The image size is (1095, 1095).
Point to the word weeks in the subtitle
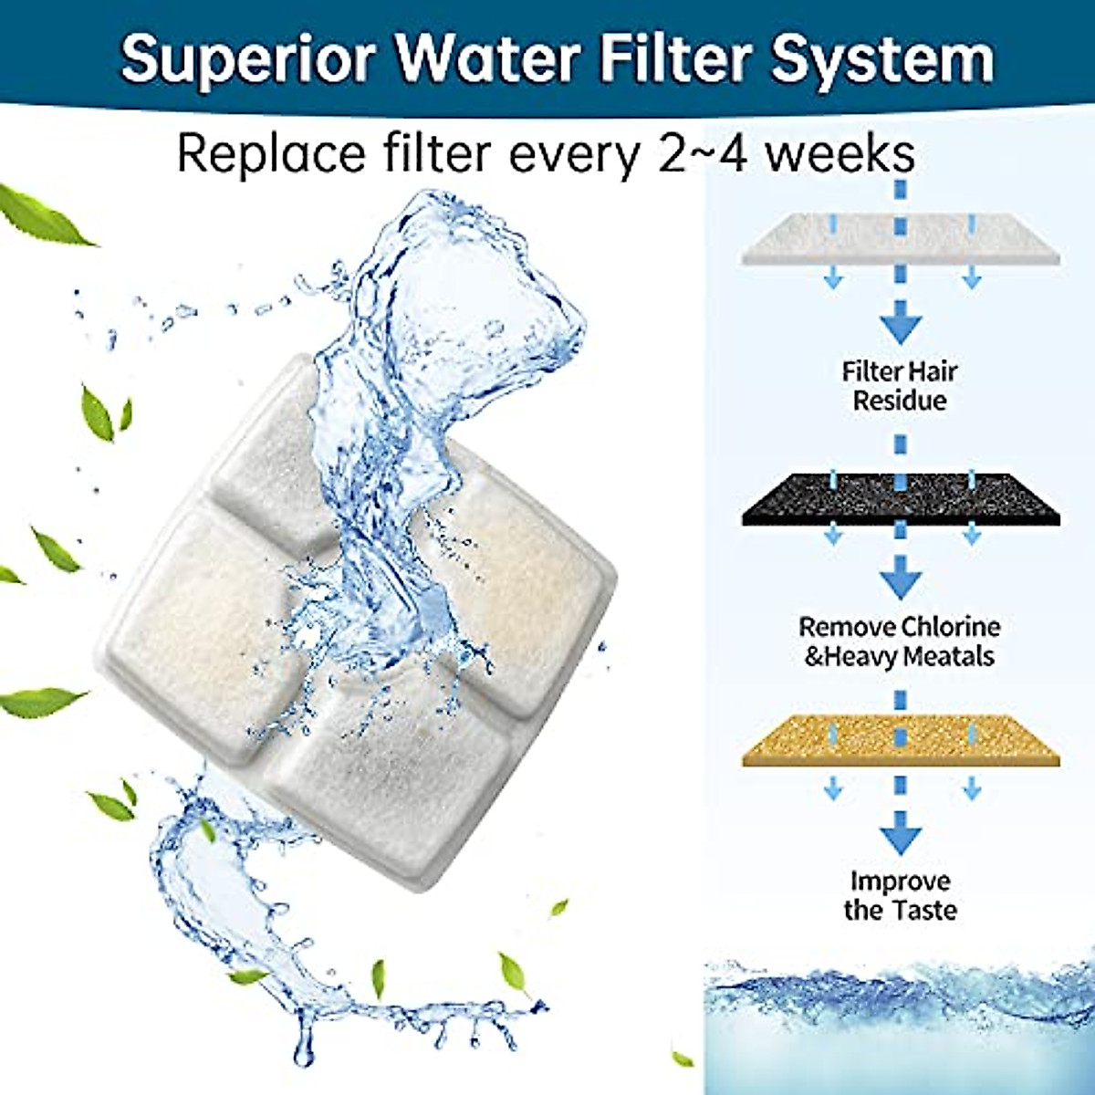(839, 153)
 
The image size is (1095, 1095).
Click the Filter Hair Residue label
(900, 386)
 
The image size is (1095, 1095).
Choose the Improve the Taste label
(900, 895)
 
